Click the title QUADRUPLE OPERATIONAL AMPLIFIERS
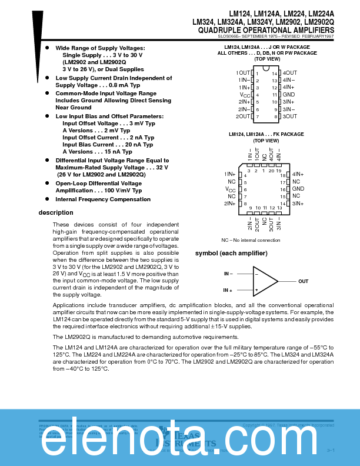[x=266, y=29]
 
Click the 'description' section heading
[x=56, y=212]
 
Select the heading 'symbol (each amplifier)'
[x=231, y=253]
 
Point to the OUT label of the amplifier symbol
[x=303, y=282]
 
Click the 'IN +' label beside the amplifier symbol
[x=228, y=290]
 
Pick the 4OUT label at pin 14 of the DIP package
[x=290, y=73]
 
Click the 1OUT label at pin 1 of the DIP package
[x=243, y=73]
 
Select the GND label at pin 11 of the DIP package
[x=289, y=95]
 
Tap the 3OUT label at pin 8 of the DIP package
[x=290, y=116]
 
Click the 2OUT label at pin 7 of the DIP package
[x=243, y=116]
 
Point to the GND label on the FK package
[x=298, y=189]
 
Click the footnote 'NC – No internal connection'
[x=251, y=240]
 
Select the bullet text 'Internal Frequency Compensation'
[x=103, y=199]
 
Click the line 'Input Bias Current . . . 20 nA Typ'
[x=108, y=144]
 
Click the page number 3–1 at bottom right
[x=330, y=450]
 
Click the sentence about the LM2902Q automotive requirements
[x=146, y=337]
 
